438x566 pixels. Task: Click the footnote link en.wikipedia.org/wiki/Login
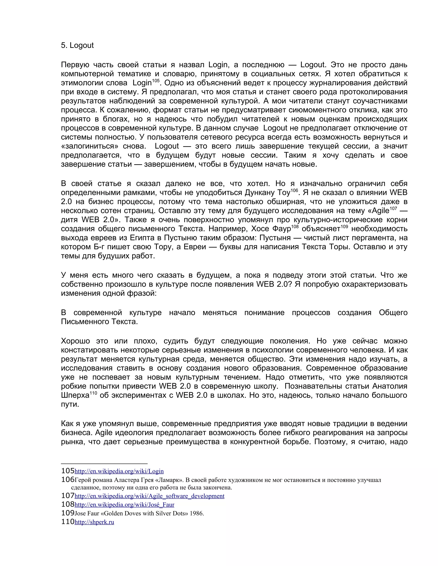tap(119, 471)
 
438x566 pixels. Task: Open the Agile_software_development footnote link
tap(149, 496)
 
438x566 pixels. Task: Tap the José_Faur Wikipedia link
tap(124, 504)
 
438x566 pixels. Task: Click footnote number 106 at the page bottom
tap(68, 480)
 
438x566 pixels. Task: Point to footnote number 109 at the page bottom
tap(68, 513)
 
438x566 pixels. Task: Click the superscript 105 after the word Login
tap(155, 81)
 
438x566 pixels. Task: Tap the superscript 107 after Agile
tap(393, 209)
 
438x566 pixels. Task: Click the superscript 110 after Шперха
tap(93, 393)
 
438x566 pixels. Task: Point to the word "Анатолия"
tap(390, 386)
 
